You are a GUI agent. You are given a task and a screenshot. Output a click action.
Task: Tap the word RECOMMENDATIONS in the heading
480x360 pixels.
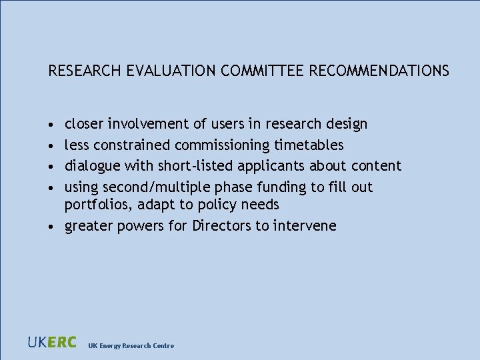379,70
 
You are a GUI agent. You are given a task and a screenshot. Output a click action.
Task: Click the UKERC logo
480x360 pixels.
52,343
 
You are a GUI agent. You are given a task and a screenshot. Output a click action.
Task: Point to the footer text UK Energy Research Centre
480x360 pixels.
131,345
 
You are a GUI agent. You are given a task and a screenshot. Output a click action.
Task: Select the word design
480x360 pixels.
347,124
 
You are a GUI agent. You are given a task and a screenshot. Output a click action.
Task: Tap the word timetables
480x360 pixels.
309,145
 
